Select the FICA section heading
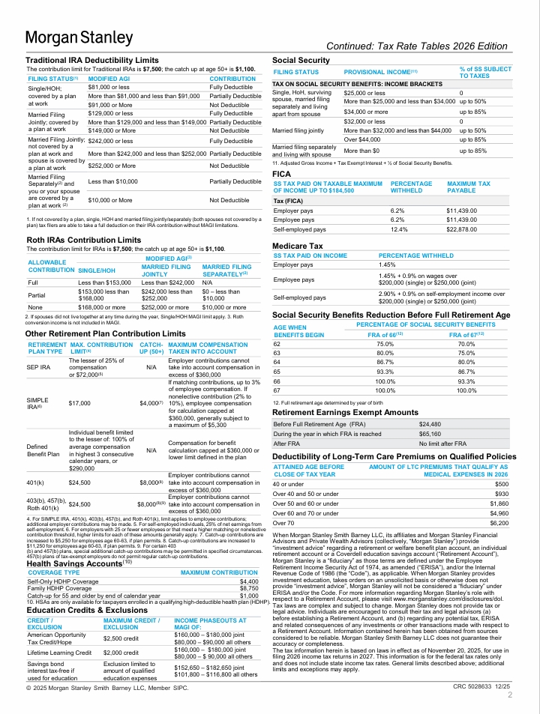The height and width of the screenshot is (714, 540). [282, 173]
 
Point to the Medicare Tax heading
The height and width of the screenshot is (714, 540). [298, 246]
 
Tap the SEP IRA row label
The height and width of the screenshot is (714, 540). [38, 368]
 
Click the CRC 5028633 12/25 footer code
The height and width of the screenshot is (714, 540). [481, 686]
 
